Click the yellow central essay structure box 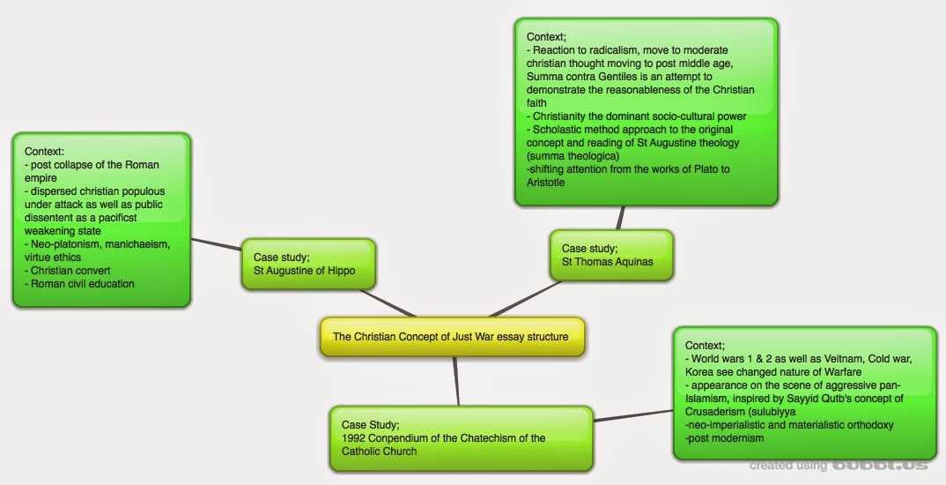[451, 337]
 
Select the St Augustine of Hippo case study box [307, 264]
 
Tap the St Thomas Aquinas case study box [610, 255]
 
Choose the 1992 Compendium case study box [460, 437]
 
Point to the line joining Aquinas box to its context [622, 218]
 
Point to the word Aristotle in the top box [546, 183]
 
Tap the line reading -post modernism [724, 438]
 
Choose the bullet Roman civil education [82, 284]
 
